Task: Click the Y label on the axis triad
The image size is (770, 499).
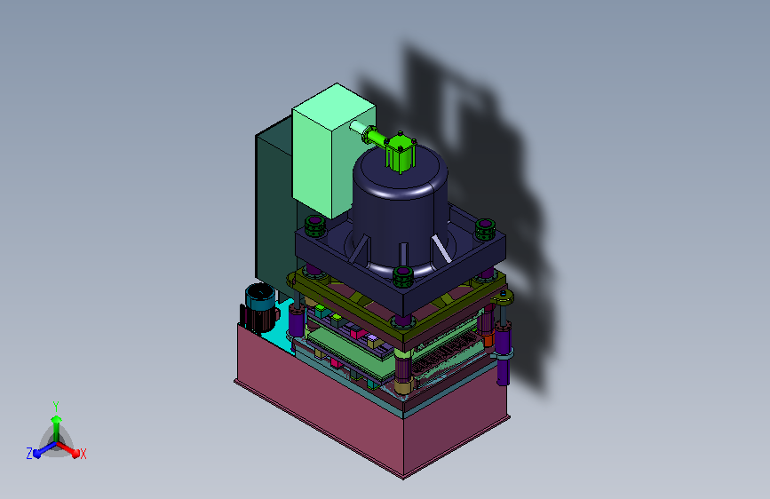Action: (55, 406)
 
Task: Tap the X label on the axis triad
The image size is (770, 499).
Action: (83, 454)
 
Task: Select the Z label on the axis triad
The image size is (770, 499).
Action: (29, 454)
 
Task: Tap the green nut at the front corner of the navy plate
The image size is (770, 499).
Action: (402, 277)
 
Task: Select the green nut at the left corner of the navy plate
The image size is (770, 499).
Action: (314, 226)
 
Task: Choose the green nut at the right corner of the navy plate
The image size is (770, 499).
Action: (485, 229)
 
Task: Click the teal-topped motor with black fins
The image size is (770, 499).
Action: (258, 308)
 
